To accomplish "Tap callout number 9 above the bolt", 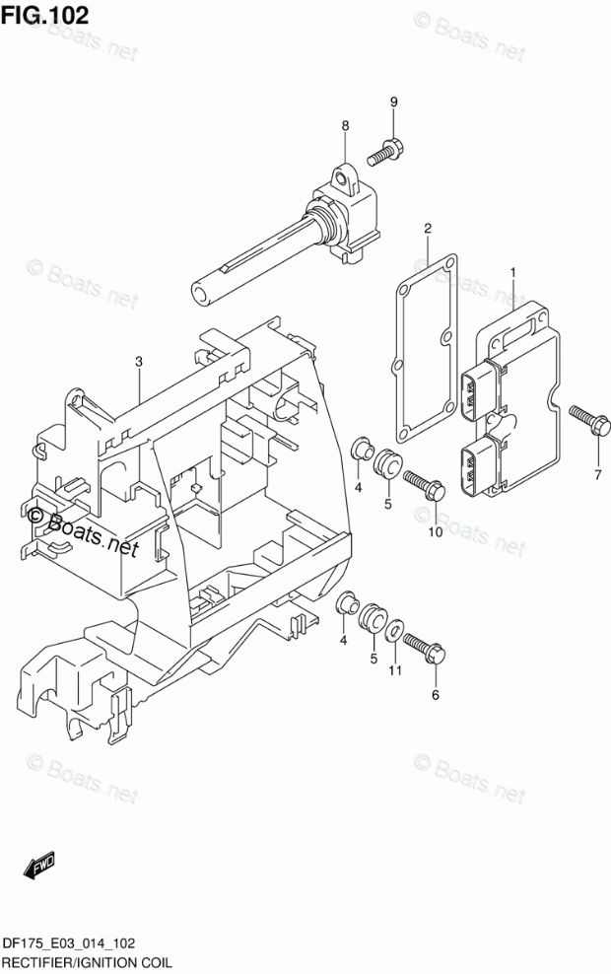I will click(393, 104).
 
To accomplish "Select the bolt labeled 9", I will click(384, 152).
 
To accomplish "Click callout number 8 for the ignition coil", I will click(345, 125).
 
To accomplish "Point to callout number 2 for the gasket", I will click(428, 229).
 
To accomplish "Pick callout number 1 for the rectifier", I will click(512, 270).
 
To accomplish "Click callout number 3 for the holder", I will click(139, 362).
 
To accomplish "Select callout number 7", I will click(597, 476).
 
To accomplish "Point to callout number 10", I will click(435, 533).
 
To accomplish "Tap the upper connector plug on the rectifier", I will click(481, 387).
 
